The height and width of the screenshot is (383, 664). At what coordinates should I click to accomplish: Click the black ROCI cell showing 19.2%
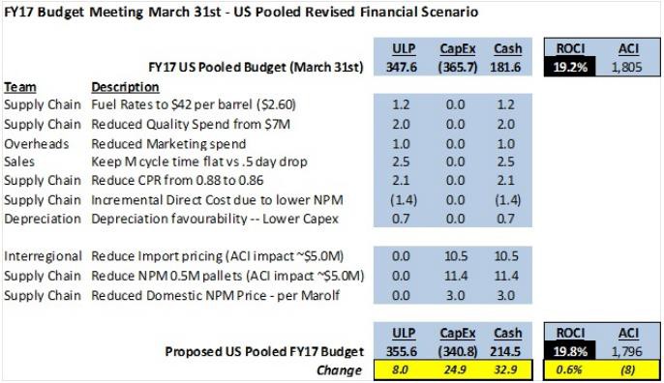570,67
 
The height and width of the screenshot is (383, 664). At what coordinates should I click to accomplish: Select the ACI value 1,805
627,67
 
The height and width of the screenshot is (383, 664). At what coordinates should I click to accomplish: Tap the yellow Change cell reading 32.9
505,369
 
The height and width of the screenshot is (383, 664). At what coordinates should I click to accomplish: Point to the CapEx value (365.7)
457,68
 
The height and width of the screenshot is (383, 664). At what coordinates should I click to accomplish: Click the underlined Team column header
20,87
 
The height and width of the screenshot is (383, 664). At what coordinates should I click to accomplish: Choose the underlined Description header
126,87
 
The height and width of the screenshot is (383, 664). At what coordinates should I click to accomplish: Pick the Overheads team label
37,144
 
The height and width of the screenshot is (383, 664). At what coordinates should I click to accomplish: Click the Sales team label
19,162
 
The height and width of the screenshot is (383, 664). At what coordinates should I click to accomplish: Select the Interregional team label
43,256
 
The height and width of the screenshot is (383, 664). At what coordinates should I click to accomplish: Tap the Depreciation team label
43,219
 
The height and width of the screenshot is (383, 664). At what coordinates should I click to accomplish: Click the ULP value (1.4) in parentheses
403,200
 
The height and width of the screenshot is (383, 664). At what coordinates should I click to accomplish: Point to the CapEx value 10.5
456,256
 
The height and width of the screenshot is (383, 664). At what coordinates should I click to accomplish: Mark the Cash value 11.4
506,276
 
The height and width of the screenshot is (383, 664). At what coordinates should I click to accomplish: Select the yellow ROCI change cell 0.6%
569,369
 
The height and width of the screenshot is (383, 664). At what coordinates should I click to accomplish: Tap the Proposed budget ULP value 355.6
402,351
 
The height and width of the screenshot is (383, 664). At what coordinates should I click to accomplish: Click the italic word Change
339,370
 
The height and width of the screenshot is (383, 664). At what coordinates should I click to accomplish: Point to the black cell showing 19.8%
570,351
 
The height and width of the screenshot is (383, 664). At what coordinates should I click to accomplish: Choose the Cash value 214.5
505,351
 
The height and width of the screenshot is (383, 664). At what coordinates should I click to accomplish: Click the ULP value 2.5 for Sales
401,162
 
